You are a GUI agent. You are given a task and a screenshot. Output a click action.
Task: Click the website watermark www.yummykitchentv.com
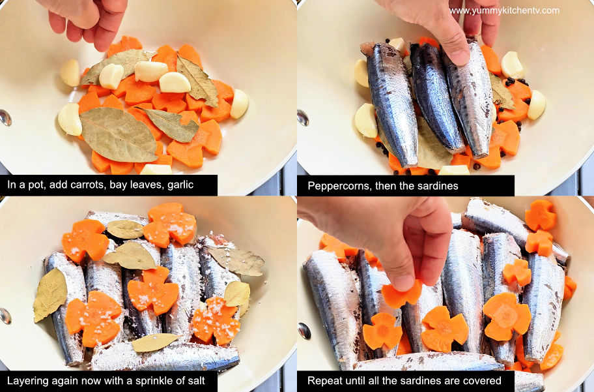[x=504, y=10]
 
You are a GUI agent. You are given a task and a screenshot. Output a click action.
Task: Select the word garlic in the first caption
[x=180, y=185]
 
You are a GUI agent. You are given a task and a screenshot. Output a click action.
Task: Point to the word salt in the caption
[x=196, y=380]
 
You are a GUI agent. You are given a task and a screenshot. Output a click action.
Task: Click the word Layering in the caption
[x=25, y=381]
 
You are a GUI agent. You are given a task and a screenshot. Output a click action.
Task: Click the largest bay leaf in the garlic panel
[x=118, y=135]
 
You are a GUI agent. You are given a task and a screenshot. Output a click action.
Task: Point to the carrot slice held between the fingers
[x=401, y=294]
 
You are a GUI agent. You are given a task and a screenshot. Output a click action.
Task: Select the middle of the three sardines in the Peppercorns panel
[x=436, y=97]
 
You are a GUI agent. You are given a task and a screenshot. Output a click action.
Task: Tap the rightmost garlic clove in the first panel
[x=239, y=104]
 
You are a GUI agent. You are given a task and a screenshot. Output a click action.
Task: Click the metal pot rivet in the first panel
[x=5, y=118]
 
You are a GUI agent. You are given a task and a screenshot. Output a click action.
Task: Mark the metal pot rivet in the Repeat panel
[x=304, y=331]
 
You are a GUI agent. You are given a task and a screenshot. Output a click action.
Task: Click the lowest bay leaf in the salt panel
[x=154, y=342]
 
